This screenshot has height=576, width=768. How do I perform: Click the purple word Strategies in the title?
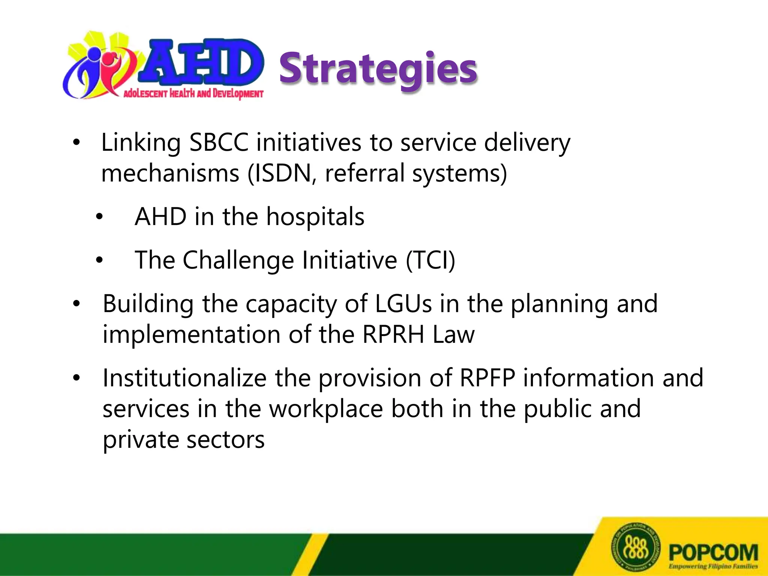(x=378, y=69)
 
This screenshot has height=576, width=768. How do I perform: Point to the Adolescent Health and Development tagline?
(x=193, y=93)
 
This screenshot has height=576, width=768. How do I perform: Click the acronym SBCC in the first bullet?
(x=219, y=142)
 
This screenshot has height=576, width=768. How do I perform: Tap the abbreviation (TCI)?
(x=430, y=260)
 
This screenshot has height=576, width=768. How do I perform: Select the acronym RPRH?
(x=393, y=334)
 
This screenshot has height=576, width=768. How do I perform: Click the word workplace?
(x=326, y=409)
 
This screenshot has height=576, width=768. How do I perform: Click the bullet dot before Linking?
(x=76, y=142)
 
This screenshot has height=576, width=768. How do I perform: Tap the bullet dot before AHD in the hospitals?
(x=99, y=217)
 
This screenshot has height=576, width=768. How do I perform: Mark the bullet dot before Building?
(x=76, y=303)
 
